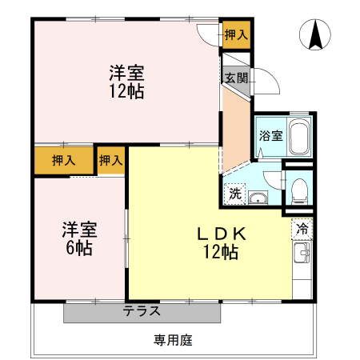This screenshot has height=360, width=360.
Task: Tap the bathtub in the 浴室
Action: tap(299, 139)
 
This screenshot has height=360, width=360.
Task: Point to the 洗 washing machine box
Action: tap(235, 193)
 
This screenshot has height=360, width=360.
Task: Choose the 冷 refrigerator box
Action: tap(302, 229)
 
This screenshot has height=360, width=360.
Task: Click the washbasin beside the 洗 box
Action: tap(258, 197)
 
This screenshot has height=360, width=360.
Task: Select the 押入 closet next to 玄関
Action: tap(236, 34)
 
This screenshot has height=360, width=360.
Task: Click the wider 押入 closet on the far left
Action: tap(64, 160)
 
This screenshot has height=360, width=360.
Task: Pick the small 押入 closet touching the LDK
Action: tap(111, 160)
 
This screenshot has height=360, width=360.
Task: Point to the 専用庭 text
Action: tap(173, 340)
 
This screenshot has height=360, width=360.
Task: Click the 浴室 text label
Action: tap(270, 135)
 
